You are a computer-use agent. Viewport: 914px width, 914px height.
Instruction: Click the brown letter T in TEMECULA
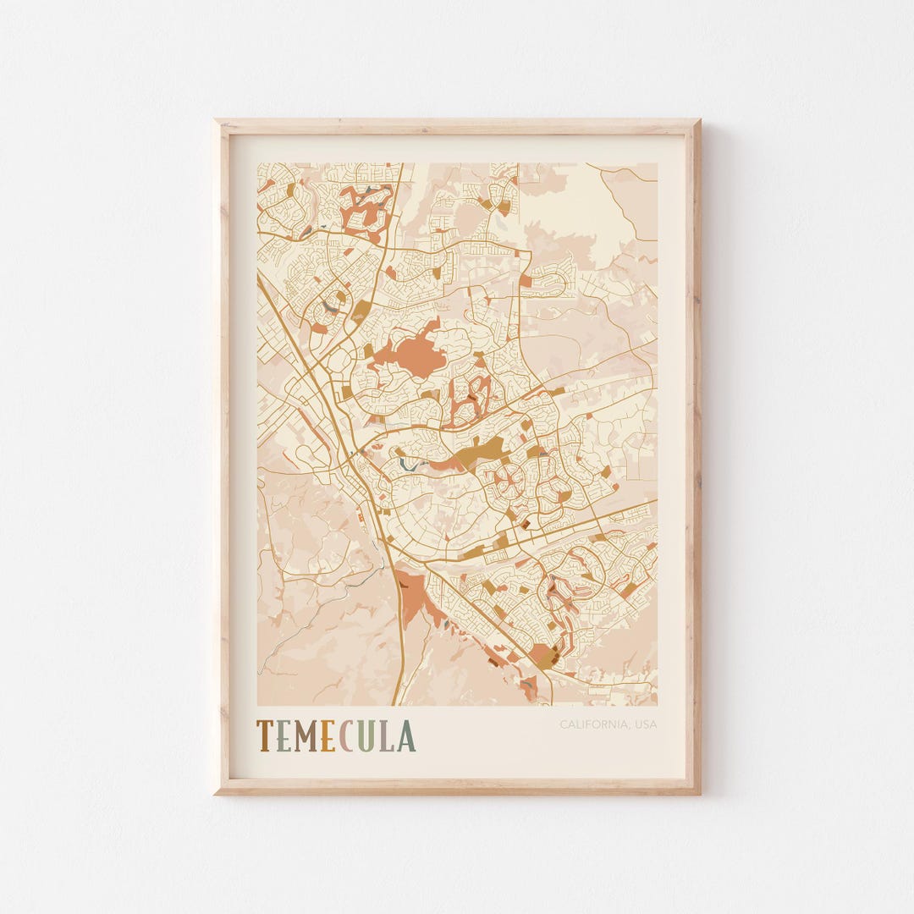266,736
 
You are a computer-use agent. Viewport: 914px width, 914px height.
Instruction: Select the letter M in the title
306,736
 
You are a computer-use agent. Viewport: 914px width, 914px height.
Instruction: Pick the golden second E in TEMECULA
328,736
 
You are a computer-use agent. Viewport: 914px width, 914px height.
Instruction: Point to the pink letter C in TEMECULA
345,736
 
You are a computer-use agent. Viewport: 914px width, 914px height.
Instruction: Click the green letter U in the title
365,736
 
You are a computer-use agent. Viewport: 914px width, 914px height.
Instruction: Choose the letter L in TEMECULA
386,736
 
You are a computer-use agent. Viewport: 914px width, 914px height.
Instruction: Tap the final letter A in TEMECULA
405,736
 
